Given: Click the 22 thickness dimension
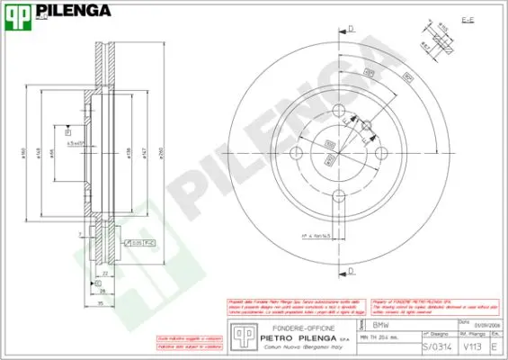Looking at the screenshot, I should click(105, 273).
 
